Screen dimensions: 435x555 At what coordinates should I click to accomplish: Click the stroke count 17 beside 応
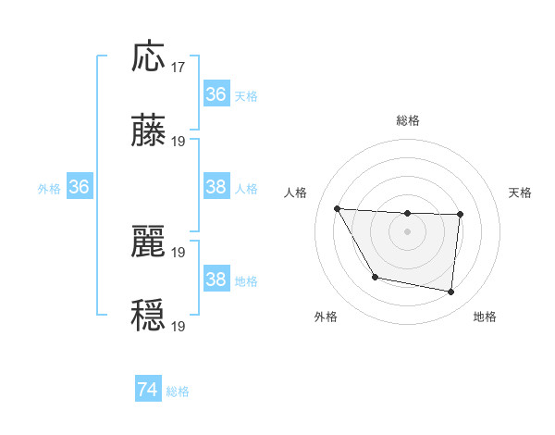pyautogui.click(x=179, y=68)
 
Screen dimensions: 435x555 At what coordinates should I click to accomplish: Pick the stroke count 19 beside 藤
pyautogui.click(x=179, y=142)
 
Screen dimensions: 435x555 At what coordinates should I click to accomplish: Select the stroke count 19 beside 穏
pyautogui.click(x=179, y=326)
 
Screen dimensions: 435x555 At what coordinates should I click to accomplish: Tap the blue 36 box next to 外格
pyautogui.click(x=80, y=187)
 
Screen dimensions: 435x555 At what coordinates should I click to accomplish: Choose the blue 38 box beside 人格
pyautogui.click(x=216, y=187)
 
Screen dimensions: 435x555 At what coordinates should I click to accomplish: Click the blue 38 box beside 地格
pyautogui.click(x=216, y=280)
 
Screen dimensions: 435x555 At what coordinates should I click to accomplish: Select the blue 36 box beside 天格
pyautogui.click(x=216, y=94)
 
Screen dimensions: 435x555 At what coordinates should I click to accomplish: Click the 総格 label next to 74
pyautogui.click(x=178, y=391)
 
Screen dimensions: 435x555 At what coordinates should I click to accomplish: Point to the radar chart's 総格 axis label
pyautogui.click(x=408, y=120)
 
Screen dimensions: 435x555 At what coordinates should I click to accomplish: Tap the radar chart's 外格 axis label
pyautogui.click(x=326, y=317)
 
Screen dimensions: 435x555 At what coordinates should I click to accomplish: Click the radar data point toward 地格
pyautogui.click(x=451, y=292)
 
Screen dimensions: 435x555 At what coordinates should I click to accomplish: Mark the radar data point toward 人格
pyautogui.click(x=338, y=208)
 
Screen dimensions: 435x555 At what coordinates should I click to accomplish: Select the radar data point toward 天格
pyautogui.click(x=461, y=215)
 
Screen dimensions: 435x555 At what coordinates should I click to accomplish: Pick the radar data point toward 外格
pyautogui.click(x=375, y=277)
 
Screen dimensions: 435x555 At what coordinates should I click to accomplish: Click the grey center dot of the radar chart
pyautogui.click(x=408, y=231)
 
